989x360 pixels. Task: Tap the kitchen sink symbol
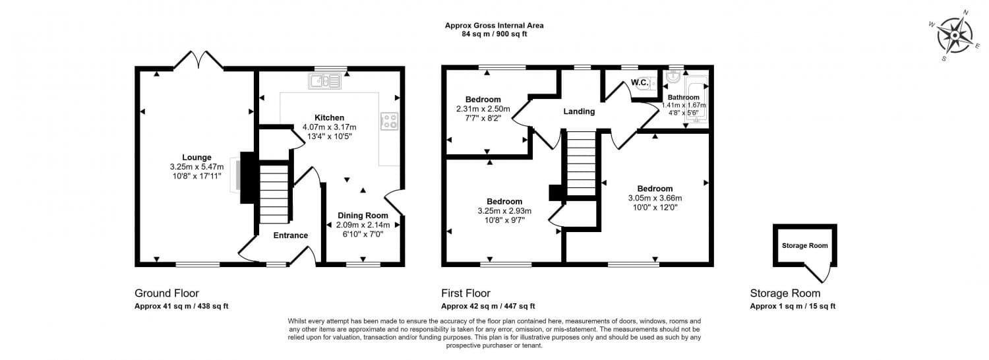click(x=324, y=81)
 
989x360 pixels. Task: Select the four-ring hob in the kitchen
click(x=389, y=121)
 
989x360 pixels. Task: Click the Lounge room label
click(x=196, y=158)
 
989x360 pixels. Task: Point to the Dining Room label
click(x=363, y=216)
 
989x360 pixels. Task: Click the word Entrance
click(x=290, y=235)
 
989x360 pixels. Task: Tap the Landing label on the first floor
click(x=579, y=111)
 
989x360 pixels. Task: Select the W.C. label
click(x=639, y=82)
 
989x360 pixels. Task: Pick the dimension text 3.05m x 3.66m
click(x=655, y=198)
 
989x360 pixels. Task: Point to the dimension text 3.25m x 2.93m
click(x=504, y=211)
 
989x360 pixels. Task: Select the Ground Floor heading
click(x=167, y=293)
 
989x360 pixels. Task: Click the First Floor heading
click(x=465, y=293)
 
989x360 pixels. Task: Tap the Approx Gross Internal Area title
click(x=494, y=26)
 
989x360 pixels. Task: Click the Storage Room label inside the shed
click(x=804, y=245)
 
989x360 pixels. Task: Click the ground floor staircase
click(x=273, y=194)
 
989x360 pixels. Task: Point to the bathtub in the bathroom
click(x=696, y=100)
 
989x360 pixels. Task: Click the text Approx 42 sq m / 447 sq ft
click(x=488, y=306)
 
